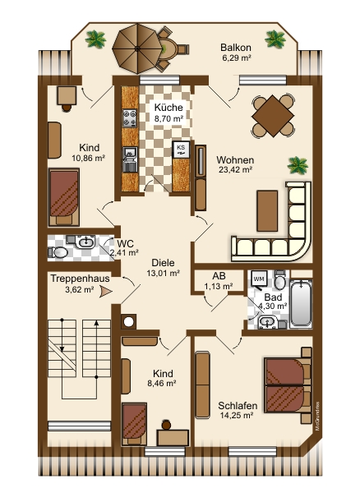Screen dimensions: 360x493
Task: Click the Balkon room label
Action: tap(236, 48)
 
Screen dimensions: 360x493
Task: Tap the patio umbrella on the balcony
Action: tap(137, 48)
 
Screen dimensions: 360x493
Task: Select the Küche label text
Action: tap(168, 107)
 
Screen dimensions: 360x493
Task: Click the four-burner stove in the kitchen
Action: tap(130, 118)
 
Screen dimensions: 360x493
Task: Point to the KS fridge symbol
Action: tap(181, 149)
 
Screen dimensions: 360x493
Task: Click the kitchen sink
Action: tap(130, 159)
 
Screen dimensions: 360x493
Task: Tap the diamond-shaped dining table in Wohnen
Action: tap(273, 116)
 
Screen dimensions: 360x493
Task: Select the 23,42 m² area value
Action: tap(236, 170)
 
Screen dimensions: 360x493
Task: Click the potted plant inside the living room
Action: tap(298, 164)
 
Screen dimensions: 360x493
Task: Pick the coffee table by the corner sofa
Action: tap(267, 210)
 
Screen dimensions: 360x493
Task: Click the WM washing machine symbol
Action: tap(260, 279)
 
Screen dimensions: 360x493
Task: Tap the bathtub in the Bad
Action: tap(301, 303)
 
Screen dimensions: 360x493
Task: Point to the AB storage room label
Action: tap(219, 276)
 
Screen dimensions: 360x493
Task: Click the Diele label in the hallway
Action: tap(163, 263)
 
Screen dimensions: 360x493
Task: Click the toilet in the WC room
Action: tap(58, 252)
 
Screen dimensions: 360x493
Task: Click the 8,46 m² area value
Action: tap(161, 383)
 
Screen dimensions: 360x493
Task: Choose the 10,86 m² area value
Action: tap(88, 158)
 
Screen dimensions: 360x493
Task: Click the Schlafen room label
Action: tap(238, 406)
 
